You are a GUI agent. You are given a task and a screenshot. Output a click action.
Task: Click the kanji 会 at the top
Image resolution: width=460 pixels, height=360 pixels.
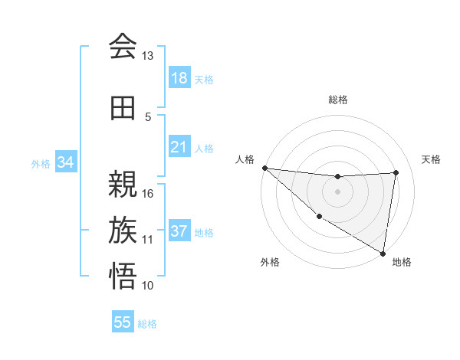tap(123, 46)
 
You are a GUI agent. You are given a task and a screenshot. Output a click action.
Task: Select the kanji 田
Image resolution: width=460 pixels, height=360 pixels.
tap(123, 108)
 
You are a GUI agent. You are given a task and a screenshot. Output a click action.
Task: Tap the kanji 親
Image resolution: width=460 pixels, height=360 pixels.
tap(123, 183)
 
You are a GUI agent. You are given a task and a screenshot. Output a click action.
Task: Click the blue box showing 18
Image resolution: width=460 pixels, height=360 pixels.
tap(179, 78)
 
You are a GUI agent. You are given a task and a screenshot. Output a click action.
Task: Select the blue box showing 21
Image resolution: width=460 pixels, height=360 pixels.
tap(179, 147)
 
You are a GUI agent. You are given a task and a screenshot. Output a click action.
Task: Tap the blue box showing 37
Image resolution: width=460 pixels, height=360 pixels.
tap(179, 232)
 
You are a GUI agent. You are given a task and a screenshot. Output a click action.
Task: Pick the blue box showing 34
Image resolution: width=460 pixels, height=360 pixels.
tap(66, 162)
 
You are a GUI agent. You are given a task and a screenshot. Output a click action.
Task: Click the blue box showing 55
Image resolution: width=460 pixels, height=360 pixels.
tap(123, 322)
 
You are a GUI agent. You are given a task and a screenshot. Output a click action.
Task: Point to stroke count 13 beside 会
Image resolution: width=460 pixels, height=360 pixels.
tap(147, 56)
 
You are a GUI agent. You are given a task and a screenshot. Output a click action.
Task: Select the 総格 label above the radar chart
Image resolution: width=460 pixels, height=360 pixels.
tap(338, 100)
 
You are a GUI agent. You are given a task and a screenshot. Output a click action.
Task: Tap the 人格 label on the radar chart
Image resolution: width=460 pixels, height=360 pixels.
tap(245, 159)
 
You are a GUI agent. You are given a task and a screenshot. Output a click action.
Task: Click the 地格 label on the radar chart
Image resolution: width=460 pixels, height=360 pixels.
tap(402, 262)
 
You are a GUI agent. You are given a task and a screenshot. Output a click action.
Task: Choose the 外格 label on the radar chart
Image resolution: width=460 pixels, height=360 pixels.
tap(270, 262)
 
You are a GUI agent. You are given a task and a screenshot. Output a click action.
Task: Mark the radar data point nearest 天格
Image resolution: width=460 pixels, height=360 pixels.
tap(396, 172)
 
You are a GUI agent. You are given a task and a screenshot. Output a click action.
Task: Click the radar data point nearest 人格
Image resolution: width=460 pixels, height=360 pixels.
tap(264, 168)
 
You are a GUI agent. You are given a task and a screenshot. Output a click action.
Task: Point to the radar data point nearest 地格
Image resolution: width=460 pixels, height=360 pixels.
tap(383, 253)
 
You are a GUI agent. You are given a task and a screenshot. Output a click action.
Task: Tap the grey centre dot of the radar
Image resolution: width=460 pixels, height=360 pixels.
tap(337, 191)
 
